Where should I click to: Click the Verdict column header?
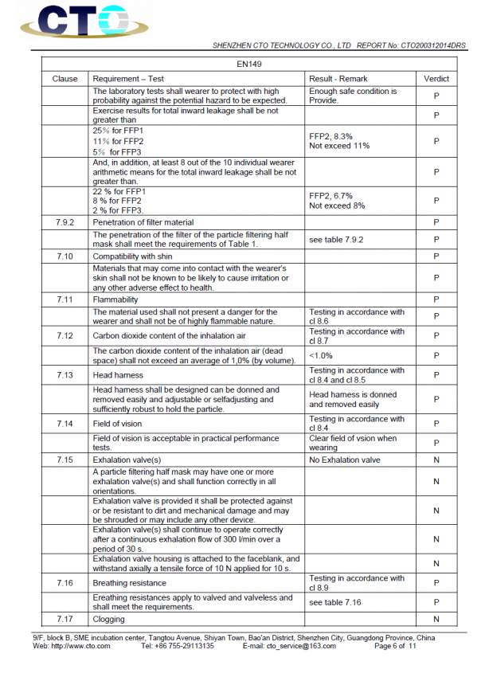point(436,79)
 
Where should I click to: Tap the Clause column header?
point(65,79)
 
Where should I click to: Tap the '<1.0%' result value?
point(322,355)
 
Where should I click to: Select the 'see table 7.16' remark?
point(335,602)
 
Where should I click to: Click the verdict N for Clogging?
point(436,619)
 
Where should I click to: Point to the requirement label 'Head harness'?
point(119,374)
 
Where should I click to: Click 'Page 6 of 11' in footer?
point(395,646)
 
